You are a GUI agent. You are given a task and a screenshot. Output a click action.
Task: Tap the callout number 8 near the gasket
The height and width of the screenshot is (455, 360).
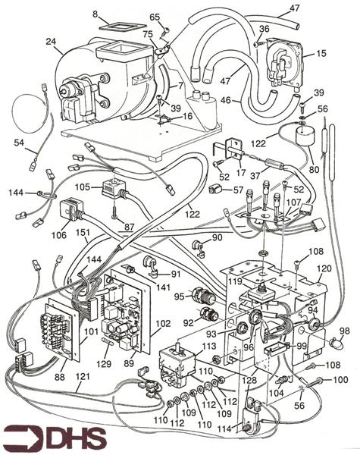pyautogui.click(x=95, y=13)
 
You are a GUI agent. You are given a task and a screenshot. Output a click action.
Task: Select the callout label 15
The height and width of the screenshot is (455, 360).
pyautogui.click(x=321, y=54)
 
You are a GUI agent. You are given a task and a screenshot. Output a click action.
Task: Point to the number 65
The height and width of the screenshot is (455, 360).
pyautogui.click(x=155, y=17)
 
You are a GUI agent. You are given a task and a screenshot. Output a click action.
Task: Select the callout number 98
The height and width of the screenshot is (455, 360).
pyautogui.click(x=345, y=331)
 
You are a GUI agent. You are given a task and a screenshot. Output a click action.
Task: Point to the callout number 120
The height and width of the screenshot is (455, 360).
pyautogui.click(x=324, y=269)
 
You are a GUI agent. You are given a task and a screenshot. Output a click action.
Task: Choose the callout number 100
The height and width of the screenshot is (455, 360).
pyautogui.click(x=341, y=378)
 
